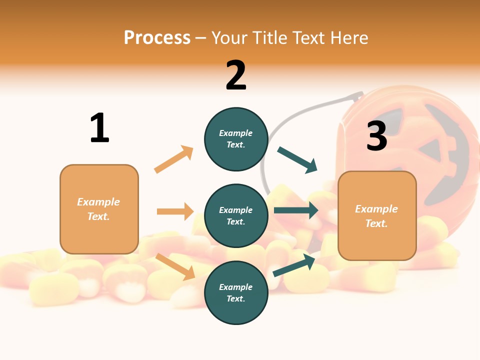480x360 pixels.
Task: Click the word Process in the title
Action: click(x=157, y=37)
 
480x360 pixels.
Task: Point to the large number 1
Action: click(x=99, y=128)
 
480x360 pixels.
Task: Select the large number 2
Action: click(x=236, y=75)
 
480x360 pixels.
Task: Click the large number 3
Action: click(x=377, y=136)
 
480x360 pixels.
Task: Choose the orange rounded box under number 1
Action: click(x=99, y=209)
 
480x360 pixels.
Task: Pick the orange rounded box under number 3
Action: click(x=377, y=216)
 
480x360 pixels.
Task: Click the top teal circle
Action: click(x=236, y=139)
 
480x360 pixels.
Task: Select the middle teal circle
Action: click(x=236, y=215)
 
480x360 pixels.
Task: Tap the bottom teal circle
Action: click(x=236, y=292)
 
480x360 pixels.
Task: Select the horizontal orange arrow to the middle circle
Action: click(x=175, y=211)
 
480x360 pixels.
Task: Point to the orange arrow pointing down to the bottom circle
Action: click(x=175, y=266)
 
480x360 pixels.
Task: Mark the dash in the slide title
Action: click(x=201, y=38)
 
